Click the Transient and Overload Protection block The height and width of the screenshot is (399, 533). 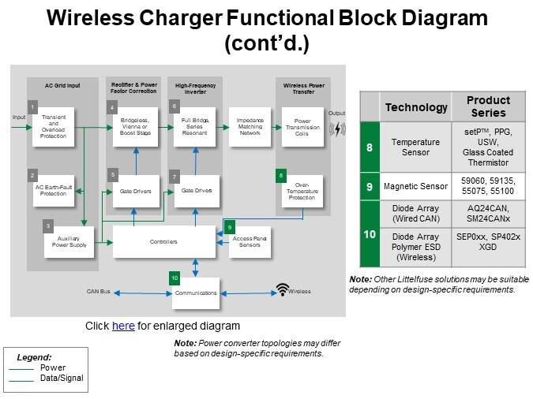point(54,125)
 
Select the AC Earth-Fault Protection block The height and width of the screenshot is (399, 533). point(53,190)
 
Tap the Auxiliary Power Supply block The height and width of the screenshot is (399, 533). point(69,241)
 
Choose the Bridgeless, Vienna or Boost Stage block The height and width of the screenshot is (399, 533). point(135,125)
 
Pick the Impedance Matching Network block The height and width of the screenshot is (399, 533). point(250,126)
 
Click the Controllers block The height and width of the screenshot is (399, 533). point(163,241)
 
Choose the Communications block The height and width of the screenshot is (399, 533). point(195,291)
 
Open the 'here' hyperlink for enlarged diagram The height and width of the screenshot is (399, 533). point(123,326)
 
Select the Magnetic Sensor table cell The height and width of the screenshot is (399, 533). point(416,187)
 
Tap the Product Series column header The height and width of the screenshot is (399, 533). point(488,106)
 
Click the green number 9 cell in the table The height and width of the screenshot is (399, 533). point(370,187)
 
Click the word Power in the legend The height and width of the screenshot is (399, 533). point(52,367)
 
